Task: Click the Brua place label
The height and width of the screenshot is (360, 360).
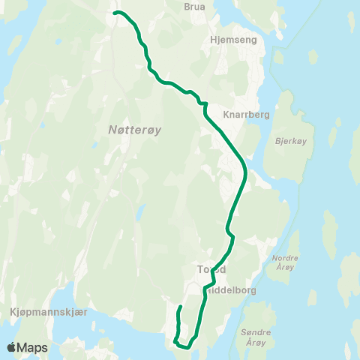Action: (x=194, y=6)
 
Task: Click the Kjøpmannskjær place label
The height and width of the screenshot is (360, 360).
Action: (x=40, y=311)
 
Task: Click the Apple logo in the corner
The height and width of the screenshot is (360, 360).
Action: (x=13, y=347)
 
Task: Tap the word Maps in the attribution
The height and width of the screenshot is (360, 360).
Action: (x=34, y=347)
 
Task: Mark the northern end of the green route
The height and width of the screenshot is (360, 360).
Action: (x=115, y=13)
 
